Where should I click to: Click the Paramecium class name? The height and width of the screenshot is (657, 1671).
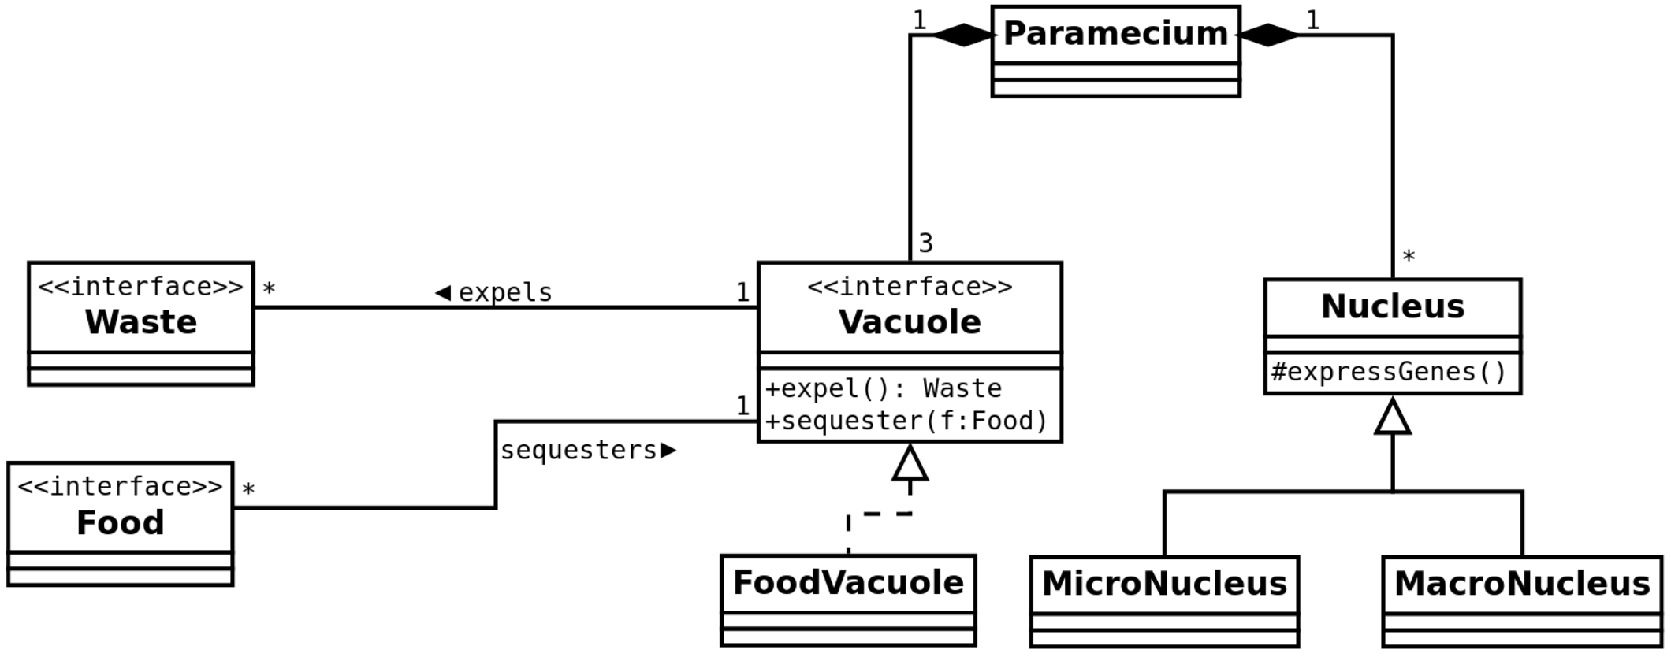tap(1115, 34)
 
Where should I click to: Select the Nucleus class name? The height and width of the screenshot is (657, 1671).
tap(1392, 306)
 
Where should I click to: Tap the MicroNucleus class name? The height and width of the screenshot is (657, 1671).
tap(1164, 584)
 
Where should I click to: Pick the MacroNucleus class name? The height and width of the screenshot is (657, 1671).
tap(1522, 584)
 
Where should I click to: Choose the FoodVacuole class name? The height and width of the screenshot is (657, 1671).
tap(848, 583)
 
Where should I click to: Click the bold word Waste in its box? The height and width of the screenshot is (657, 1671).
tap(141, 322)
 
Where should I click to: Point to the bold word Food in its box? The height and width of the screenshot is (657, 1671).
tap(121, 523)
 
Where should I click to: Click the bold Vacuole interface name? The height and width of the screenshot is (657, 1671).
tap(910, 322)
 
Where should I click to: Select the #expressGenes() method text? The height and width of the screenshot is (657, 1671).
tap(1389, 372)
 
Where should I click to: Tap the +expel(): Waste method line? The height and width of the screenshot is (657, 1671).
tap(884, 389)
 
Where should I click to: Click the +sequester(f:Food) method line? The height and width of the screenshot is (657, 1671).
tap(906, 421)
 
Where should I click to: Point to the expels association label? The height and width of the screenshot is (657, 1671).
tap(505, 293)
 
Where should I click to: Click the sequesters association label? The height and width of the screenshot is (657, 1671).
tap(579, 451)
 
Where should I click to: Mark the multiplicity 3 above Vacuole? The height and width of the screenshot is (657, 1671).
tap(926, 243)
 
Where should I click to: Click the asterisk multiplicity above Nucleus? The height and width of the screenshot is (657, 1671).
tap(1409, 257)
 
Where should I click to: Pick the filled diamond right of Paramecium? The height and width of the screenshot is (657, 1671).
tap(1268, 35)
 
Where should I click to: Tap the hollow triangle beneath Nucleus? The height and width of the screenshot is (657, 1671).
tap(1393, 417)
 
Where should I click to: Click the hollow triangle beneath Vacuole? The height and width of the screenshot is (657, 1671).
tap(910, 463)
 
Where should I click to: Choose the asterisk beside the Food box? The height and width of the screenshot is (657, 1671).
tap(248, 490)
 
